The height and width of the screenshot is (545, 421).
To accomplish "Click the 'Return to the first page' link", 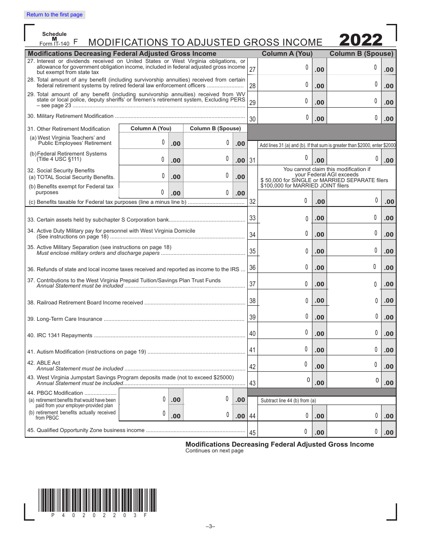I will tap(55, 15).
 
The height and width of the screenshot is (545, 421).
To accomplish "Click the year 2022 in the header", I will tap(361, 40).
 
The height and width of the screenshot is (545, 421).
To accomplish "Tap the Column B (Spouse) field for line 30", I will tap(354, 118).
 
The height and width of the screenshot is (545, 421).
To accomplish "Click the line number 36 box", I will tap(252, 268).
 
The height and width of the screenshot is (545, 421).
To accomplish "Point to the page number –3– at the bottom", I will tap(210, 526).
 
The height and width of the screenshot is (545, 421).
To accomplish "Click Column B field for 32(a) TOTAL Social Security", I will tap(209, 176).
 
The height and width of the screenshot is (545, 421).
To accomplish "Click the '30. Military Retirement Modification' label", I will tap(70, 116).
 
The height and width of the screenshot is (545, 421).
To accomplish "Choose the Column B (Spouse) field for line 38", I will tap(354, 300).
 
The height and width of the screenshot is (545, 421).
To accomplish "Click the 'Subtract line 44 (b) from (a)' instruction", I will tap(288, 401).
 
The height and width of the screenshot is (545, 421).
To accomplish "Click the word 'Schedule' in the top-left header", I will tap(55, 34).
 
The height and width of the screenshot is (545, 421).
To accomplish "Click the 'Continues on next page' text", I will tap(214, 451).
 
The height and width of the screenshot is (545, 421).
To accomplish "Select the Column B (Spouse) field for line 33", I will tap(354, 218).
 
